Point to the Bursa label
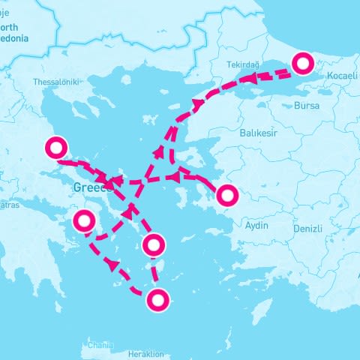coord(307,106)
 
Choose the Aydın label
coord(256,226)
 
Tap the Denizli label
coord(307,228)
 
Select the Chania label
coord(100,345)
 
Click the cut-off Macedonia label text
coord(15,37)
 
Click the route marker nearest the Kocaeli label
coord(303,64)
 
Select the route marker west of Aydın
coord(226,196)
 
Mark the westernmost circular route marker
coord(57,148)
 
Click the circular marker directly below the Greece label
coord(84,221)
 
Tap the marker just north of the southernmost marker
coord(153,244)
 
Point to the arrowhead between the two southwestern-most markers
coord(113,264)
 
